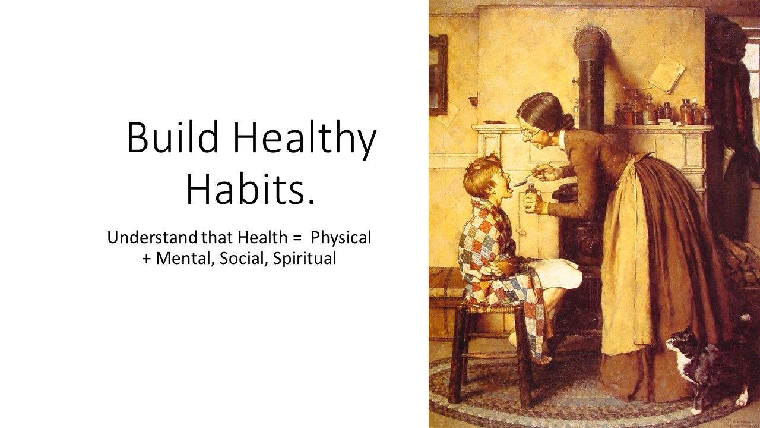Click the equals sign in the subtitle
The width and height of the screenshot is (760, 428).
pos(297,238)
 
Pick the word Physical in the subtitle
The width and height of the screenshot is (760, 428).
pos(341,238)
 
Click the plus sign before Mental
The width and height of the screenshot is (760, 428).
pos(147,260)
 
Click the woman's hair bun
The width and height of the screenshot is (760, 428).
pos(567,120)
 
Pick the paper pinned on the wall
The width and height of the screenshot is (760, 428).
pos(662,73)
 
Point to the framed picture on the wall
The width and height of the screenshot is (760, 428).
pos(438,75)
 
